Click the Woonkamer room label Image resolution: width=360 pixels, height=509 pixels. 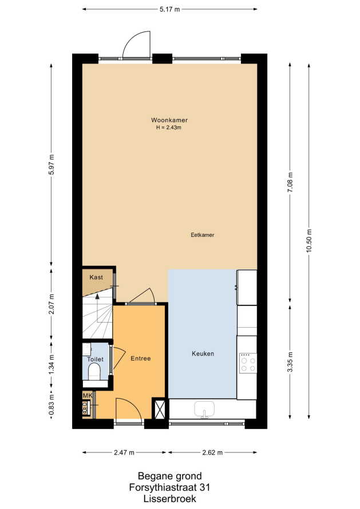169,120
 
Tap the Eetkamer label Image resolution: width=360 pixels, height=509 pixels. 203,235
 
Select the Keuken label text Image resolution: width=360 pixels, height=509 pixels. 203,353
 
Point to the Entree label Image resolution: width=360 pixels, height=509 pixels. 141,359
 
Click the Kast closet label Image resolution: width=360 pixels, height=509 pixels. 96,277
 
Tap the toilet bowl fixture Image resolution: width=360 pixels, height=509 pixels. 94,371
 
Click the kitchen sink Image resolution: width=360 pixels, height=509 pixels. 204,409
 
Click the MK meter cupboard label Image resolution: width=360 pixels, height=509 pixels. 88,395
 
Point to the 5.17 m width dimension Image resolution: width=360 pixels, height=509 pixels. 169,9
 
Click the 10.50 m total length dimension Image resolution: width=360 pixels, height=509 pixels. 308,241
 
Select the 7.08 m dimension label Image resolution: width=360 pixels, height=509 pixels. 290,182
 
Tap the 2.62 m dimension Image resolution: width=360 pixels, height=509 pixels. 212,452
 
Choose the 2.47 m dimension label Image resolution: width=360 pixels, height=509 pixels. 124,452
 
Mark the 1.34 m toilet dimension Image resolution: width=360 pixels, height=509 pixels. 52,364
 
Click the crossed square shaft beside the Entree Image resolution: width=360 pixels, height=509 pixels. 160,408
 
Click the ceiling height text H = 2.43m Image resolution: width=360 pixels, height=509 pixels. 169,128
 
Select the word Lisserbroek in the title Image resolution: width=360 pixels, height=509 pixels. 169,499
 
